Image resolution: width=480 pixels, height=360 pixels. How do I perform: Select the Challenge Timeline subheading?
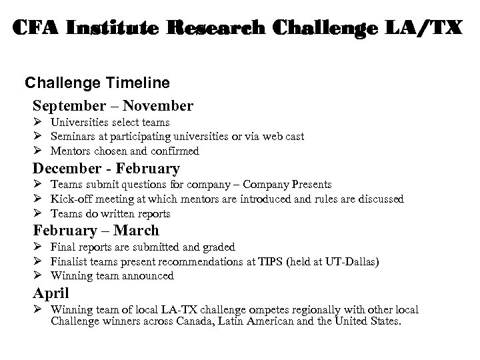point(97,83)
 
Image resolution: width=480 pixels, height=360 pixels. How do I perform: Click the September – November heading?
point(113,106)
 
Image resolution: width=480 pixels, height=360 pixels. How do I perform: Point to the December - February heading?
point(107,169)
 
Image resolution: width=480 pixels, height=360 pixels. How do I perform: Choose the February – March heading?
point(97,231)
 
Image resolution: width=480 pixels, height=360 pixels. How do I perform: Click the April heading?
point(51,293)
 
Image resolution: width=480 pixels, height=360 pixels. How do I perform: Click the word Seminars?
point(72,137)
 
